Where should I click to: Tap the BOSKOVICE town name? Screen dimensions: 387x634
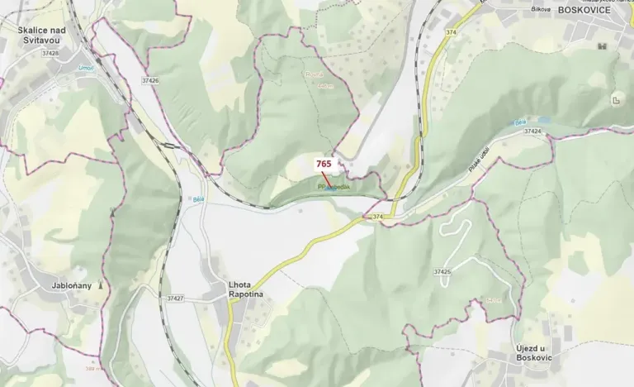pos(584,10)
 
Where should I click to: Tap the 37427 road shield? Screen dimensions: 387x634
pos(175,298)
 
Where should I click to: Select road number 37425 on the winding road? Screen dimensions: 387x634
pos(442,271)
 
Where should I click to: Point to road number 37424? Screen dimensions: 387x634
pos(532,131)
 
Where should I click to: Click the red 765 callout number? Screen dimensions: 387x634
pos(324,164)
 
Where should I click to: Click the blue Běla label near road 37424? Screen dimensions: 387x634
pos(520,122)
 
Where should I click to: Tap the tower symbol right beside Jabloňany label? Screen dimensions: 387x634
pos(101,285)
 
